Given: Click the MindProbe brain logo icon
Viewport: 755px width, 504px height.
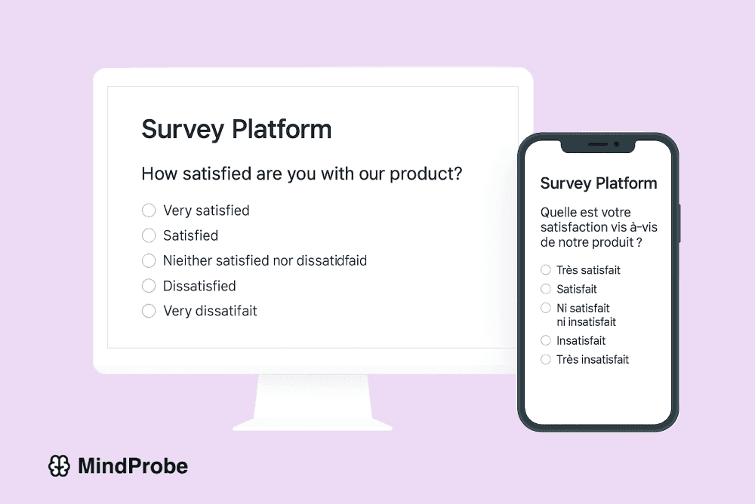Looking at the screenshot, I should (60, 466).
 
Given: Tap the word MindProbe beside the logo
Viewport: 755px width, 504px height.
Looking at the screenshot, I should (133, 466).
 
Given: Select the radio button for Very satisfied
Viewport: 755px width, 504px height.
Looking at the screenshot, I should (149, 211).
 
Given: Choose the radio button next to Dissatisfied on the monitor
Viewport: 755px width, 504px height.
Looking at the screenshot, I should (149, 286).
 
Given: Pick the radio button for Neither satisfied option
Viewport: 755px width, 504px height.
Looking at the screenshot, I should (149, 261).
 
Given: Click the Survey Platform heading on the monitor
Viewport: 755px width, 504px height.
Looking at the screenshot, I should (236, 129).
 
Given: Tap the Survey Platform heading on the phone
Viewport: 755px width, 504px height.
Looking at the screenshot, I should (599, 183).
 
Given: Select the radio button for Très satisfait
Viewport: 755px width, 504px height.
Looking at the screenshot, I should (546, 270).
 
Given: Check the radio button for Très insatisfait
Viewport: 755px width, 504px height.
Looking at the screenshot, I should (546, 360).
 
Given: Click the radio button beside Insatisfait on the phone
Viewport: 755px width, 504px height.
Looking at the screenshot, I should (546, 341).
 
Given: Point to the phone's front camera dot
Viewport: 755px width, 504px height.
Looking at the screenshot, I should (617, 143).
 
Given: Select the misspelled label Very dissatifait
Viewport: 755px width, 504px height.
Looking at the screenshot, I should (210, 311).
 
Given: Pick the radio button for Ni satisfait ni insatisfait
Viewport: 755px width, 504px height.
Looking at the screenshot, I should (546, 309).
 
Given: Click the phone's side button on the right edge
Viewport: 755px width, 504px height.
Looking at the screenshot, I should (679, 223).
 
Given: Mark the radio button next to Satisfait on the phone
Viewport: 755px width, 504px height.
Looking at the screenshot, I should (546, 289).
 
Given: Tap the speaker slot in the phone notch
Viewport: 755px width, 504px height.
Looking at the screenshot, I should (598, 143).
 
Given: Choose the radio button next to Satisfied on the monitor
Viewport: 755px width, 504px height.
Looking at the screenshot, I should (149, 236).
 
